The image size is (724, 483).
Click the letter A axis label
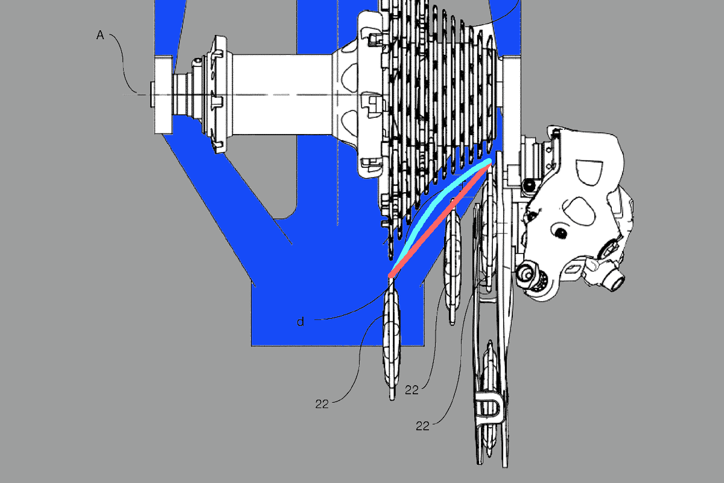[100, 35]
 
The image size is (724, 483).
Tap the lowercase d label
[300, 322]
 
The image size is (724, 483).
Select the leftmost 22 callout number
[322, 404]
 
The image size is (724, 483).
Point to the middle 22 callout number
[411, 390]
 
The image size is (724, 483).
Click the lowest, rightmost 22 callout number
[423, 426]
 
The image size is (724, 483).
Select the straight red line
[441, 220]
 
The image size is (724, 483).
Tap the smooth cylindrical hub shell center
[281, 94]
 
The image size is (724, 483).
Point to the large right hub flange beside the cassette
[370, 94]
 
